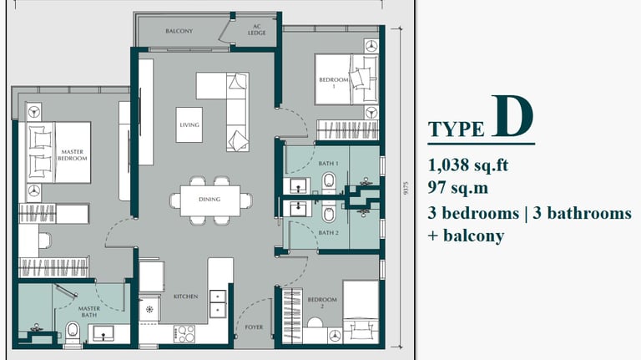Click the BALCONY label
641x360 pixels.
[179, 31]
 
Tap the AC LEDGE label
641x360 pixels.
[257, 29]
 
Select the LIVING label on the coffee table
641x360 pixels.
[189, 124]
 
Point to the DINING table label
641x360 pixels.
[209, 200]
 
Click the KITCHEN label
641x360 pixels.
[186, 297]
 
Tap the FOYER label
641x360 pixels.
[254, 327]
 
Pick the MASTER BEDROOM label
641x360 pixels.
[73, 155]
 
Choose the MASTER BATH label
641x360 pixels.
[89, 312]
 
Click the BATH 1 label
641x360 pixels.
[328, 163]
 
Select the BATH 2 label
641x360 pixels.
[328, 233]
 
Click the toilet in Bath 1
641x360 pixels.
[329, 180]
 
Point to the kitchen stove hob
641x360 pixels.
[184, 334]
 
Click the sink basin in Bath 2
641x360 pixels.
[298, 209]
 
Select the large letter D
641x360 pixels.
[512, 116]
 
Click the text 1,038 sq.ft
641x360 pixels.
[468, 165]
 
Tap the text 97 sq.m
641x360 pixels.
[458, 188]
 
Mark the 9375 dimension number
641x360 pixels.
[406, 188]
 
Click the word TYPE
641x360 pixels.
[456, 129]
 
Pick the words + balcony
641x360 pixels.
[466, 236]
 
